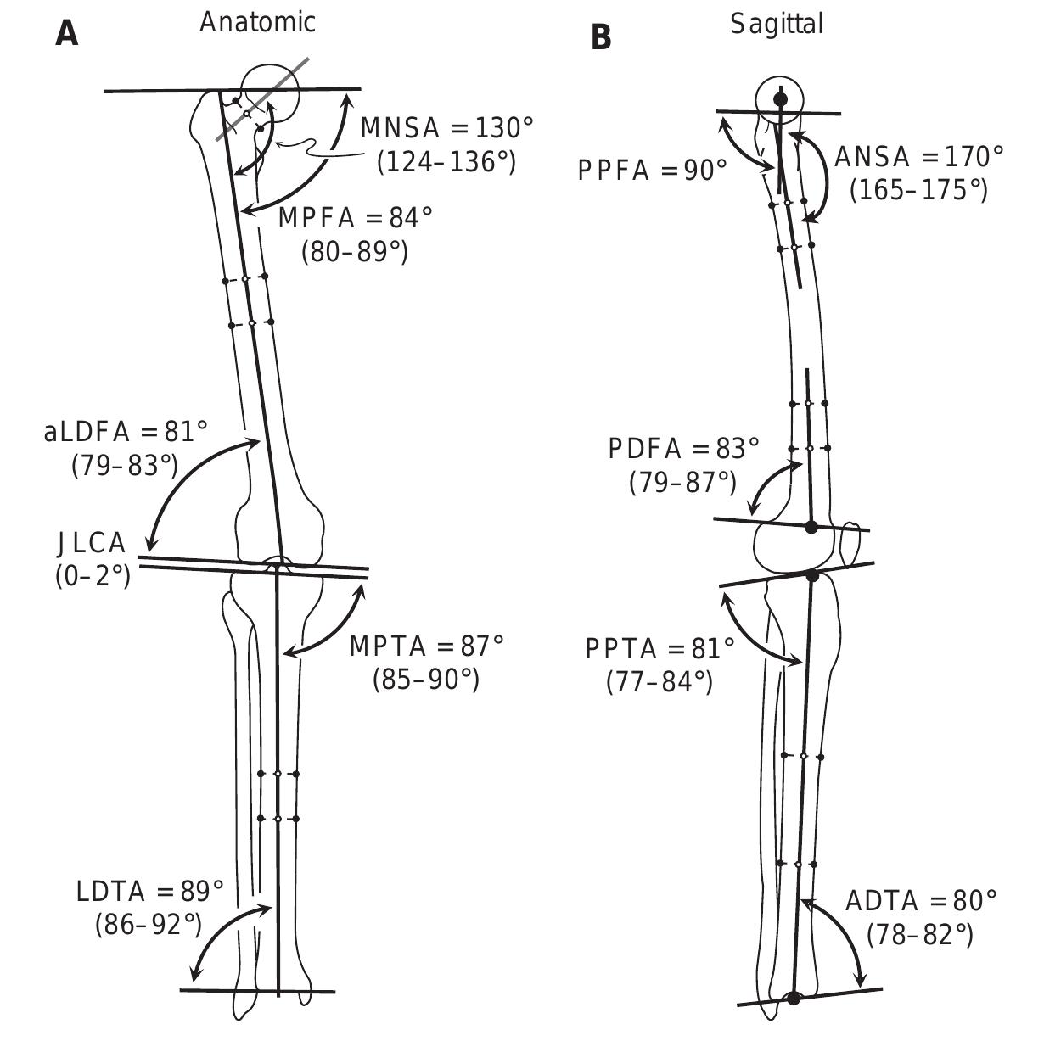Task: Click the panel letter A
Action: (x=67, y=33)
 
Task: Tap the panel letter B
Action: (x=601, y=37)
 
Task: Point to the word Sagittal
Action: (x=777, y=25)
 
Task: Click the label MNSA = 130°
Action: (x=447, y=128)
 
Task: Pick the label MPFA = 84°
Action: (x=355, y=218)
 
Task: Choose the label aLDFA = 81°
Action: (x=126, y=432)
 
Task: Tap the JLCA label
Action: (x=91, y=542)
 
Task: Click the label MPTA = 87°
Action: (x=426, y=646)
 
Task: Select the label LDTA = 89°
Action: (x=150, y=891)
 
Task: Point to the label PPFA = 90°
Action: (x=652, y=171)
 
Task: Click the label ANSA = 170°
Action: (x=918, y=157)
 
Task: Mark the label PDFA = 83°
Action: (x=683, y=449)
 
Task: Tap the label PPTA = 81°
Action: (x=660, y=649)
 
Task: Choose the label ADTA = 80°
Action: (x=921, y=900)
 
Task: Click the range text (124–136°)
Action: (x=446, y=161)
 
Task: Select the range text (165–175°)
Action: (x=918, y=190)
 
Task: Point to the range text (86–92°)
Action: (x=149, y=924)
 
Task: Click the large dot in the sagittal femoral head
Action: (x=780, y=99)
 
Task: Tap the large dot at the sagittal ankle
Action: (x=794, y=999)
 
